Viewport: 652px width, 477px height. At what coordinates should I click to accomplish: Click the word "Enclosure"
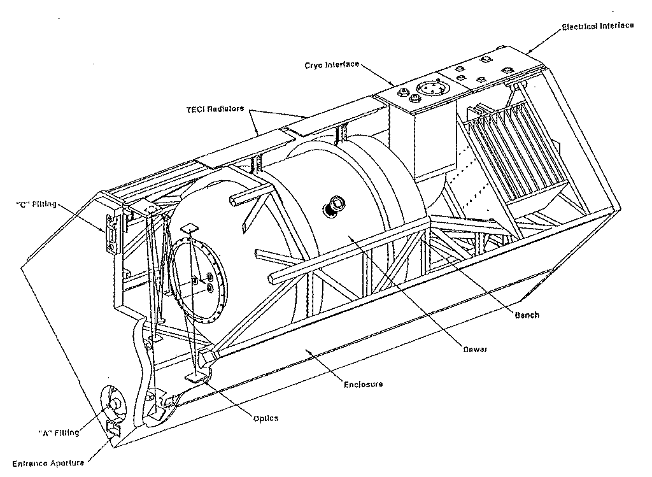click(363, 384)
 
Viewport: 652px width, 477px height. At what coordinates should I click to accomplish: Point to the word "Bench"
click(527, 315)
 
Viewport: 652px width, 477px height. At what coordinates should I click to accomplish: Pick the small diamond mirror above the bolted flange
click(190, 228)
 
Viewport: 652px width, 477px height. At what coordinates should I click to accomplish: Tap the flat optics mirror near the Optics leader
click(195, 378)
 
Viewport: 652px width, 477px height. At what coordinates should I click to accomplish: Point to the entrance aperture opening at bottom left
click(113, 429)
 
